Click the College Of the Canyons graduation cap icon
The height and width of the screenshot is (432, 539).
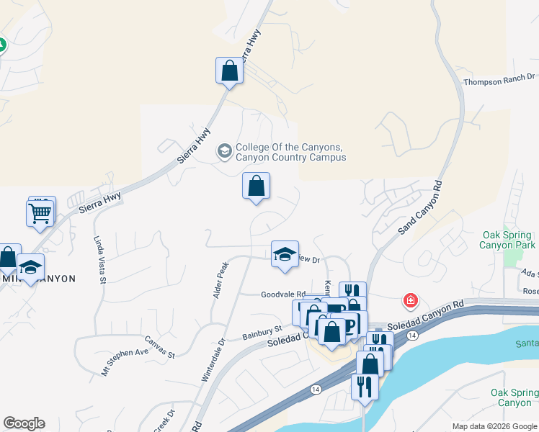tap(224, 152)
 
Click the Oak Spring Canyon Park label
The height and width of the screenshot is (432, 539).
tap(509, 240)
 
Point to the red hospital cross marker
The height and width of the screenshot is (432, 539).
tap(410, 300)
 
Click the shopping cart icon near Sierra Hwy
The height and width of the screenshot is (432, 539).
tap(40, 213)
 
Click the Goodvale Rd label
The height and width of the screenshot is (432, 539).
tap(278, 294)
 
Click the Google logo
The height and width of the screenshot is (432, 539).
tap(24, 423)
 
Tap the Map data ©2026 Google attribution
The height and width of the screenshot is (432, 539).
tap(494, 426)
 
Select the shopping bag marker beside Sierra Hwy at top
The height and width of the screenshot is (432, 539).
tap(229, 71)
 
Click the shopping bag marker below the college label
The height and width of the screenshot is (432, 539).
tap(256, 186)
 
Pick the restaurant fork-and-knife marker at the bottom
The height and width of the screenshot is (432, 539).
tap(364, 387)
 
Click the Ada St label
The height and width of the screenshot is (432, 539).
tap(530, 274)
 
